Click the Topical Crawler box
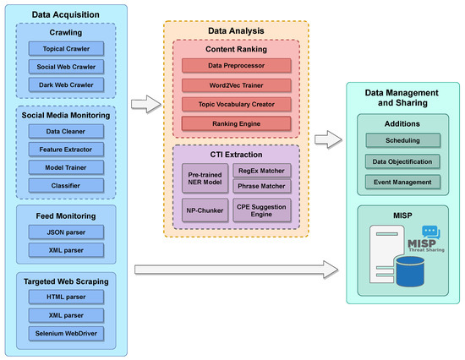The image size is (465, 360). point(64,49)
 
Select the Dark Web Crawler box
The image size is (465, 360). point(64,85)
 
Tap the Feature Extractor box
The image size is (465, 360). point(64,148)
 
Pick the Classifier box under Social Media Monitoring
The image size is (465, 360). point(64,183)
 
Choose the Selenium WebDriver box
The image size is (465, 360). point(64,332)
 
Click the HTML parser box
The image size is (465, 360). point(64,297)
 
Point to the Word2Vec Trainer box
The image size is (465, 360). point(236,84)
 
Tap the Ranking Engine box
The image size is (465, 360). point(236,123)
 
